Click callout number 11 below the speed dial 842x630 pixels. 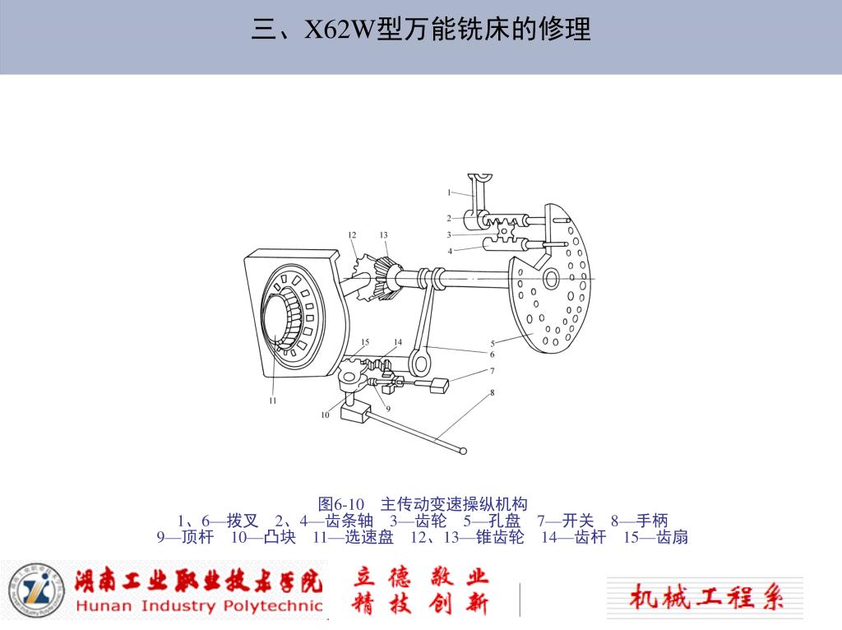(273, 401)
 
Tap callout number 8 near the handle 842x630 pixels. (492, 392)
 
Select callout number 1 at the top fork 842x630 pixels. (450, 192)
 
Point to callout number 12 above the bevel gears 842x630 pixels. (352, 234)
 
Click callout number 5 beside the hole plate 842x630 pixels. (493, 344)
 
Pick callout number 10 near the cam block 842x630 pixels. (325, 415)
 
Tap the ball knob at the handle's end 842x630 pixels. (464, 452)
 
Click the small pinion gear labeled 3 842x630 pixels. (506, 231)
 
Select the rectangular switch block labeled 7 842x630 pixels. (440, 386)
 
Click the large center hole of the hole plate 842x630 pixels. (551, 279)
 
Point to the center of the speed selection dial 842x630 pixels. (277, 317)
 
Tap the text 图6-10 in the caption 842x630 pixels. (341, 504)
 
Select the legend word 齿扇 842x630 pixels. (672, 537)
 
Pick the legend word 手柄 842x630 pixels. (652, 521)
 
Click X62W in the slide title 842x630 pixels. (340, 29)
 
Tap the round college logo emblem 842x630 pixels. (36, 591)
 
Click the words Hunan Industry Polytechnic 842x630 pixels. (199, 606)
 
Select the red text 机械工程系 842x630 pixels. (706, 596)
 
